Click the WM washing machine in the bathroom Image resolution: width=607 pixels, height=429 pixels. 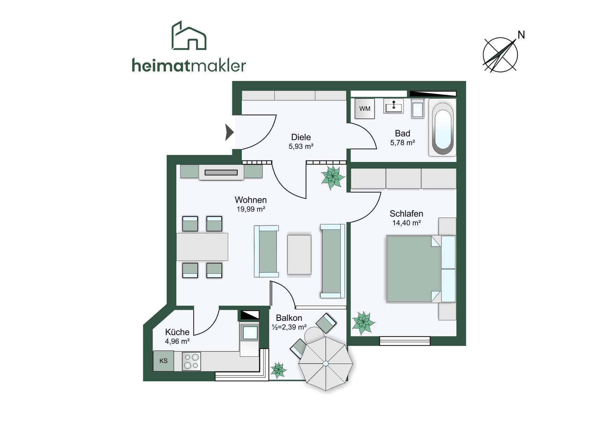coord(365,108)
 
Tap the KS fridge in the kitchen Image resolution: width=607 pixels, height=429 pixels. coord(163,361)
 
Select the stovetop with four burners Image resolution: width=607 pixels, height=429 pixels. coord(191,361)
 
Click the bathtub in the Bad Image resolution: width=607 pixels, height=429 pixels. coord(443,128)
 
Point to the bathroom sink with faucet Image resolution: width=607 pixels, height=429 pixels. coord(394,106)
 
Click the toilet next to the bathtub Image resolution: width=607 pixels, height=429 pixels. coord(418,108)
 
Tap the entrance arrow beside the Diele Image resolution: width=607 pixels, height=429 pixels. coord(229,132)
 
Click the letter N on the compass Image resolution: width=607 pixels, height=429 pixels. coord(521,35)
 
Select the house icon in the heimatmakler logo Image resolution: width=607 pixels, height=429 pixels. coord(189,35)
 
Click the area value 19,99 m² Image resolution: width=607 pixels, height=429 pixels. coord(251,209)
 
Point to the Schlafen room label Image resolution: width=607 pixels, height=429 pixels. coord(406,214)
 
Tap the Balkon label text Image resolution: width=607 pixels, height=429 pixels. coord(289,318)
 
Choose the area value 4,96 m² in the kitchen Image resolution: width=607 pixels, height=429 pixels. coord(177,341)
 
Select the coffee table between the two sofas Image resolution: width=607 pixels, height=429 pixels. coord(299,254)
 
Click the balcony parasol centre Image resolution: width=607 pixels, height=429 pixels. coord(326,364)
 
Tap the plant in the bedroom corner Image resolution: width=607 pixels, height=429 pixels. coord(363,323)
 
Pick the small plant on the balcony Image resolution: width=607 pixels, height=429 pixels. coord(278,370)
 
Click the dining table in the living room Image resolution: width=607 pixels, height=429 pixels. coord(202,247)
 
